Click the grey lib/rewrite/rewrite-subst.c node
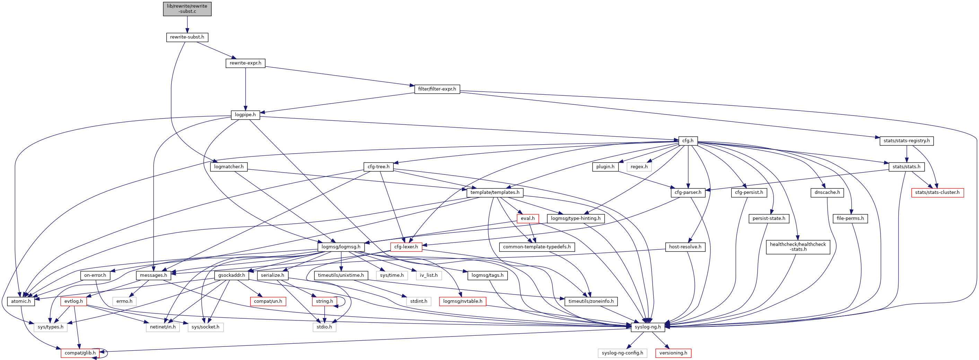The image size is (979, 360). click(x=187, y=9)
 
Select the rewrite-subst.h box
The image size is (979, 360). click(x=187, y=37)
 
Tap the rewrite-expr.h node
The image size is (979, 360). click(x=245, y=63)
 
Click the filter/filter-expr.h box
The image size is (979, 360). click(x=437, y=89)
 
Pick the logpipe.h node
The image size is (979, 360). click(x=245, y=115)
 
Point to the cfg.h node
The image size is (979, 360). click(x=688, y=141)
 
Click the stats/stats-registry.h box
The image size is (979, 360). click(x=907, y=141)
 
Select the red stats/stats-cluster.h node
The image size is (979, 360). click(x=937, y=192)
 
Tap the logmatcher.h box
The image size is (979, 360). click(x=228, y=166)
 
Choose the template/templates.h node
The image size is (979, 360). click(x=495, y=192)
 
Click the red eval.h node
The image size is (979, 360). click(x=527, y=218)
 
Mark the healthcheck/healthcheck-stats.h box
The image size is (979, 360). click(x=798, y=247)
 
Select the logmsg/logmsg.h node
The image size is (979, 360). click(x=341, y=247)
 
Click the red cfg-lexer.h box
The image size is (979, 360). click(x=406, y=247)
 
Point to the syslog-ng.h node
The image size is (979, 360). click(x=648, y=327)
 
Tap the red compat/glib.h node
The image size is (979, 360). click(x=80, y=353)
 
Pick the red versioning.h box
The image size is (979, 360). click(x=673, y=353)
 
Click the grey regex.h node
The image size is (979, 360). click(x=639, y=166)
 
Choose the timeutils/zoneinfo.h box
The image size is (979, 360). click(x=591, y=301)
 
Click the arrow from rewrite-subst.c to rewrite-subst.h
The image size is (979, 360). click(x=187, y=25)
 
